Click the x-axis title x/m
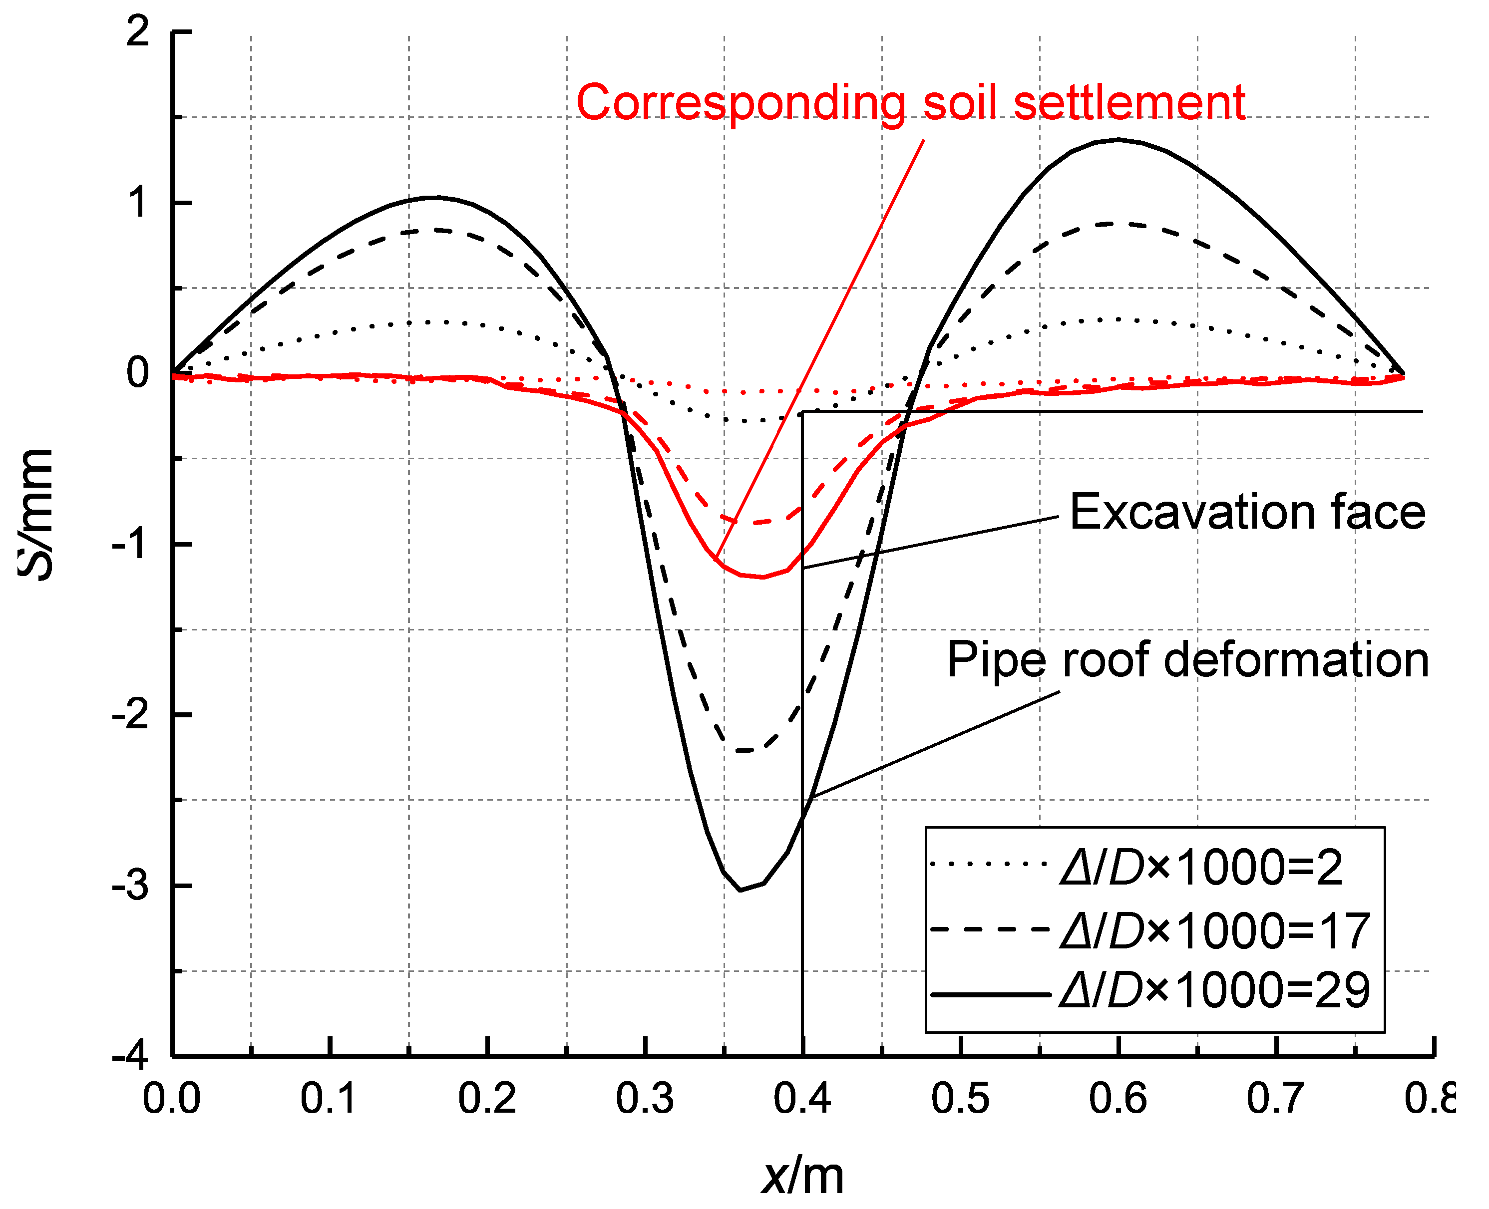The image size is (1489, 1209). pos(802,1176)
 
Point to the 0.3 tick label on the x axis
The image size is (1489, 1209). pos(645,1099)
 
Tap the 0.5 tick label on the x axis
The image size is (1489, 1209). pos(960,1099)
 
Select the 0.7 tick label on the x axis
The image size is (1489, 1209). pos(1275,1099)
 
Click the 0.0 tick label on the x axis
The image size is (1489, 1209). pos(171,1099)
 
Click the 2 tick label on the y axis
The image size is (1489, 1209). pos(138,31)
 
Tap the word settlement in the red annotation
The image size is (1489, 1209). pos(1129,103)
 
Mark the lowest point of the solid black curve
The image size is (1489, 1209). pos(740,890)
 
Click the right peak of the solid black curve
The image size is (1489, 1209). pos(1118,139)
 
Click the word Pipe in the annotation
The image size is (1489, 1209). pos(996,660)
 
